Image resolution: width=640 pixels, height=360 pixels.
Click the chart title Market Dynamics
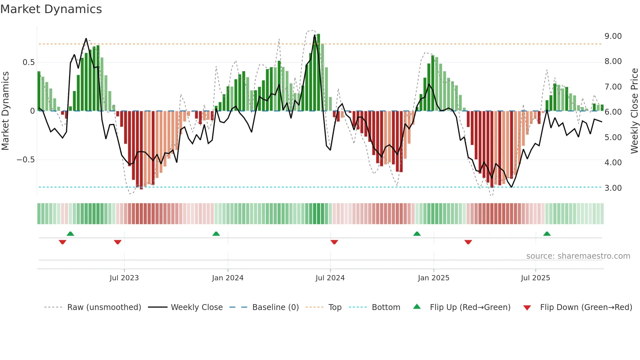click(x=51, y=9)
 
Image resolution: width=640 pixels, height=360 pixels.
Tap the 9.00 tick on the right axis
click(x=613, y=36)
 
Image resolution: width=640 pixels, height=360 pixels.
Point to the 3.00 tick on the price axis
click(x=613, y=188)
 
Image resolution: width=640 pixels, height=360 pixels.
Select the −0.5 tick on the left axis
click(x=25, y=160)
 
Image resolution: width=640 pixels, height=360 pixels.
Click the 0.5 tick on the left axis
click(x=28, y=62)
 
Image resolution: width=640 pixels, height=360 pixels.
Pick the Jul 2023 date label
click(x=124, y=278)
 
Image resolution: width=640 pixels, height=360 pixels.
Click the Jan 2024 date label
click(x=228, y=278)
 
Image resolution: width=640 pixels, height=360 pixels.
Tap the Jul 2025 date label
click(x=535, y=278)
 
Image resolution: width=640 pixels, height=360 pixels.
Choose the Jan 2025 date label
click(x=433, y=278)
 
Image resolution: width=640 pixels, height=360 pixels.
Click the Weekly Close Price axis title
click(x=634, y=111)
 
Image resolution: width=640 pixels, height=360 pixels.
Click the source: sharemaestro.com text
click(x=578, y=256)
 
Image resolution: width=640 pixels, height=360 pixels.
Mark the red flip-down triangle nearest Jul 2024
click(x=334, y=242)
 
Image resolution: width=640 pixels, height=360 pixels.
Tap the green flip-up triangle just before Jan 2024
click(x=216, y=234)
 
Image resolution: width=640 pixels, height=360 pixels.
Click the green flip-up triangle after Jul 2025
click(x=547, y=234)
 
